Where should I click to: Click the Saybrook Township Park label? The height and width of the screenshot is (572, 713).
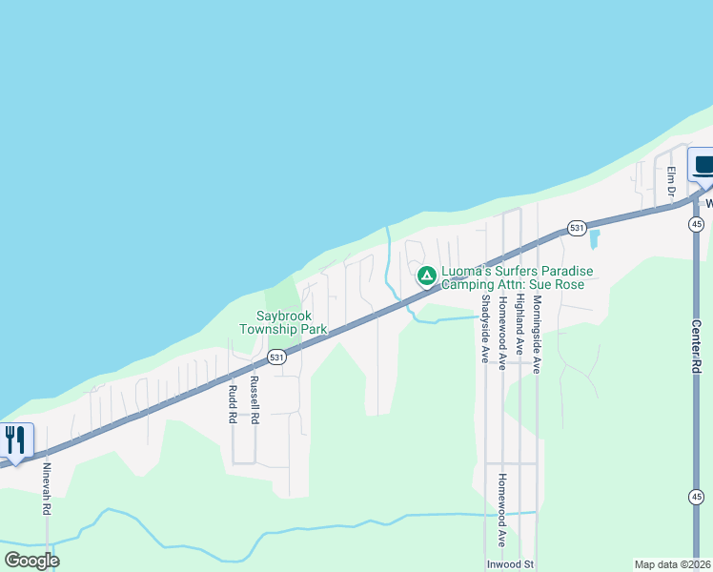tap(292, 322)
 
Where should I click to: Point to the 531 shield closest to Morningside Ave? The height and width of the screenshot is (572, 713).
tap(576, 228)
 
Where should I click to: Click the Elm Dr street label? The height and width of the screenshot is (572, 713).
tap(671, 182)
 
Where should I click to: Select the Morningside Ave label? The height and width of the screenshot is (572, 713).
tap(537, 334)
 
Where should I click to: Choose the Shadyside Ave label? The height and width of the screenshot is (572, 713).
tap(484, 329)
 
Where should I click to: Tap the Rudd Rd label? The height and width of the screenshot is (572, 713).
tap(232, 404)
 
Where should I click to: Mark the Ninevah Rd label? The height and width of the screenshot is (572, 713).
tap(46, 489)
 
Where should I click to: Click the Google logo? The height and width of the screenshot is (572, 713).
tap(31, 561)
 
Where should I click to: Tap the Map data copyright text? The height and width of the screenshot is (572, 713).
tap(673, 564)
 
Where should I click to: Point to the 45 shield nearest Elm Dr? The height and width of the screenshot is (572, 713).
tap(697, 224)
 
